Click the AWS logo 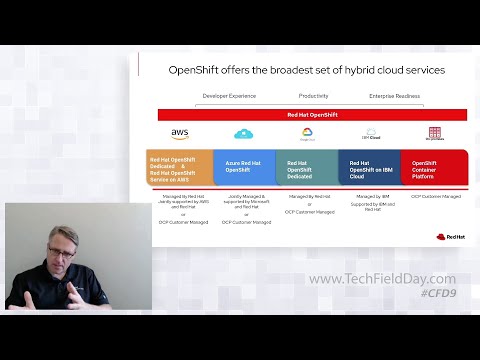coord(180,134)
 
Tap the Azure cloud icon coord(244,134)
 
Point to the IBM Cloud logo coord(371,134)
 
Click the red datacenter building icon coord(435,133)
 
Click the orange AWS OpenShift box coord(180,167)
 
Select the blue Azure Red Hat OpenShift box coord(244,167)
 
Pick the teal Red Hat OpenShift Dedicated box coord(307,167)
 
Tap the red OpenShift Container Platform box coord(434,167)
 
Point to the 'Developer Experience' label coord(229,96)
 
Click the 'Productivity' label coord(313,96)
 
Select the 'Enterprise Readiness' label coord(394,96)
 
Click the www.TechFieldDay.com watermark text coord(382,279)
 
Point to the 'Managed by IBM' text coord(371,197)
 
